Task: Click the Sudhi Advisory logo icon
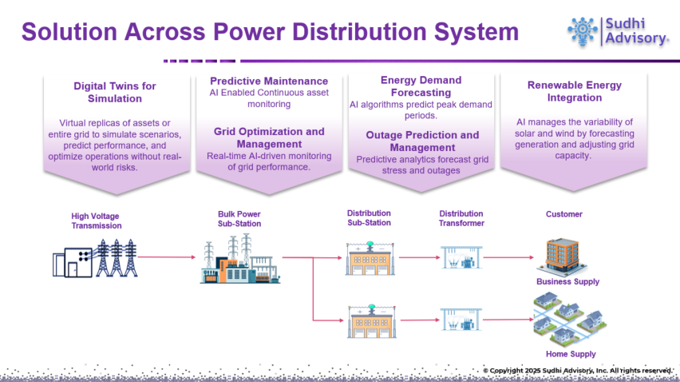point(582,31)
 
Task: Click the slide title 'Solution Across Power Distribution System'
point(270,32)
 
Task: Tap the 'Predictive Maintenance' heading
point(269,81)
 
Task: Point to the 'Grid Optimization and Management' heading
point(269,137)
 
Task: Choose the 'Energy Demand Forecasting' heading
point(421,86)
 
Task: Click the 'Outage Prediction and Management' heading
point(422,141)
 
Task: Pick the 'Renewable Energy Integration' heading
point(574,91)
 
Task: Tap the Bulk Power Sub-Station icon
point(239,260)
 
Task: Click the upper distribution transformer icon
point(460,257)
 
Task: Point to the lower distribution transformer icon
point(460,320)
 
